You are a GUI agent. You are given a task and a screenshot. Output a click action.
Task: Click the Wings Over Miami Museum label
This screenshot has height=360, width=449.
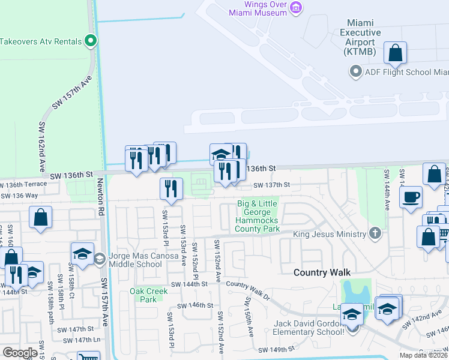(259, 8)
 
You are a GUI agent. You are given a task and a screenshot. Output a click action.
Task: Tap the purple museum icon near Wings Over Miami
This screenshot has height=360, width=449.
(295, 7)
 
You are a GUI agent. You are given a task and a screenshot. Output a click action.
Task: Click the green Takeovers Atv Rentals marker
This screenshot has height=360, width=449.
(91, 41)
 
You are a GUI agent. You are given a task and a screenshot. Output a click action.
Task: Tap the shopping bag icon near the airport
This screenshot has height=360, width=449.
(396, 53)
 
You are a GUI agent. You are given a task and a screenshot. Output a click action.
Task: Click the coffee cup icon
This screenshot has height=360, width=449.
(411, 197)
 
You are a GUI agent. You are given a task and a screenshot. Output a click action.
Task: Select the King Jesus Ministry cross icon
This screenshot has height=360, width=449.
(375, 233)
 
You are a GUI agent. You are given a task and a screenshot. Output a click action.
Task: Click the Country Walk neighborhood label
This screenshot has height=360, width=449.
(322, 272)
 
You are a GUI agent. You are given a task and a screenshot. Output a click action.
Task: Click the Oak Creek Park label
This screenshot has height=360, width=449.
(144, 295)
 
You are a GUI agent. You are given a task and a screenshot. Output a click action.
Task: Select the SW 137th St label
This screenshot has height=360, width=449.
(271, 185)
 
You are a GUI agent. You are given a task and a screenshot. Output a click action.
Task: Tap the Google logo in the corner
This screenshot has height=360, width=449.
(20, 352)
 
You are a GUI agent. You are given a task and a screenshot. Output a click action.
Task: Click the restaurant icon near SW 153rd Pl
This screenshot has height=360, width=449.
(171, 189)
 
